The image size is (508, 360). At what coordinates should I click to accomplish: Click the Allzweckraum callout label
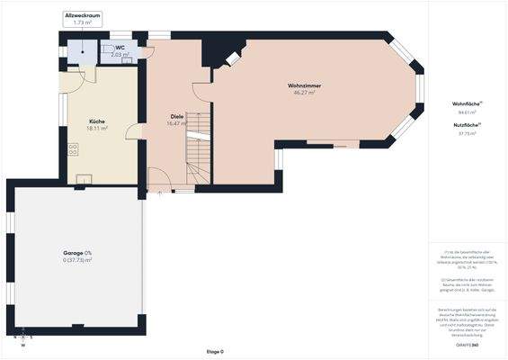(x=83, y=16)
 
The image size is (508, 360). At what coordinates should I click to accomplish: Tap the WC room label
(x=119, y=48)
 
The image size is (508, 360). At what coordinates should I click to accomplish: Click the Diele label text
(x=176, y=117)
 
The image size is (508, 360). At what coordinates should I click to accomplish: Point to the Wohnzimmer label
(x=306, y=85)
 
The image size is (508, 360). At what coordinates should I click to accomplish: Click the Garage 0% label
(x=76, y=253)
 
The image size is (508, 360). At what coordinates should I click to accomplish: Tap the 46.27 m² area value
(x=304, y=93)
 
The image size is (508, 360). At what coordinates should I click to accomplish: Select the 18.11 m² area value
(x=96, y=129)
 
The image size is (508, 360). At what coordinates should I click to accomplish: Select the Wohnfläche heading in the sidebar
(x=466, y=104)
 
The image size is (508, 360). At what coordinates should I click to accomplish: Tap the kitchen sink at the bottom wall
(x=84, y=177)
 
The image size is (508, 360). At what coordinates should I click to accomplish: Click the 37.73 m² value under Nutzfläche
(x=466, y=132)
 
